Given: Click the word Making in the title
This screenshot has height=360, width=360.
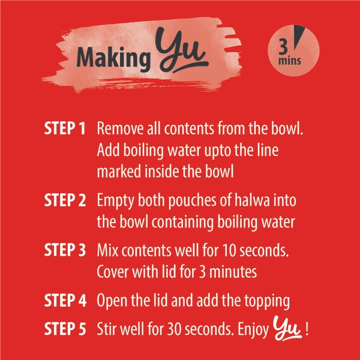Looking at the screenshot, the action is point(113,58).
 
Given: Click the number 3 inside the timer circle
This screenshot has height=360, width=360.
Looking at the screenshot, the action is point(283,47).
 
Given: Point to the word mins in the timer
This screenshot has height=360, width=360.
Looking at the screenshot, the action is point(289,61).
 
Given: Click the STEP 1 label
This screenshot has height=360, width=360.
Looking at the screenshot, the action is point(65,128).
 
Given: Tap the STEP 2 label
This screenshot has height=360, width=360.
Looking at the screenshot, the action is point(65,200).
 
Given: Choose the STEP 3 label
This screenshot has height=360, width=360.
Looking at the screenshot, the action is point(65,250).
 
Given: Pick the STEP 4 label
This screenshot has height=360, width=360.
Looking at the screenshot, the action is point(65,300).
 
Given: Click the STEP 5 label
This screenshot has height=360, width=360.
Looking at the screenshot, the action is point(65,329).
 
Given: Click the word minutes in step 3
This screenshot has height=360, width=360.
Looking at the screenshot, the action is point(233,272).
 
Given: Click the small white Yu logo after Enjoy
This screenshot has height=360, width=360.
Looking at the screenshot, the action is point(287,328).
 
